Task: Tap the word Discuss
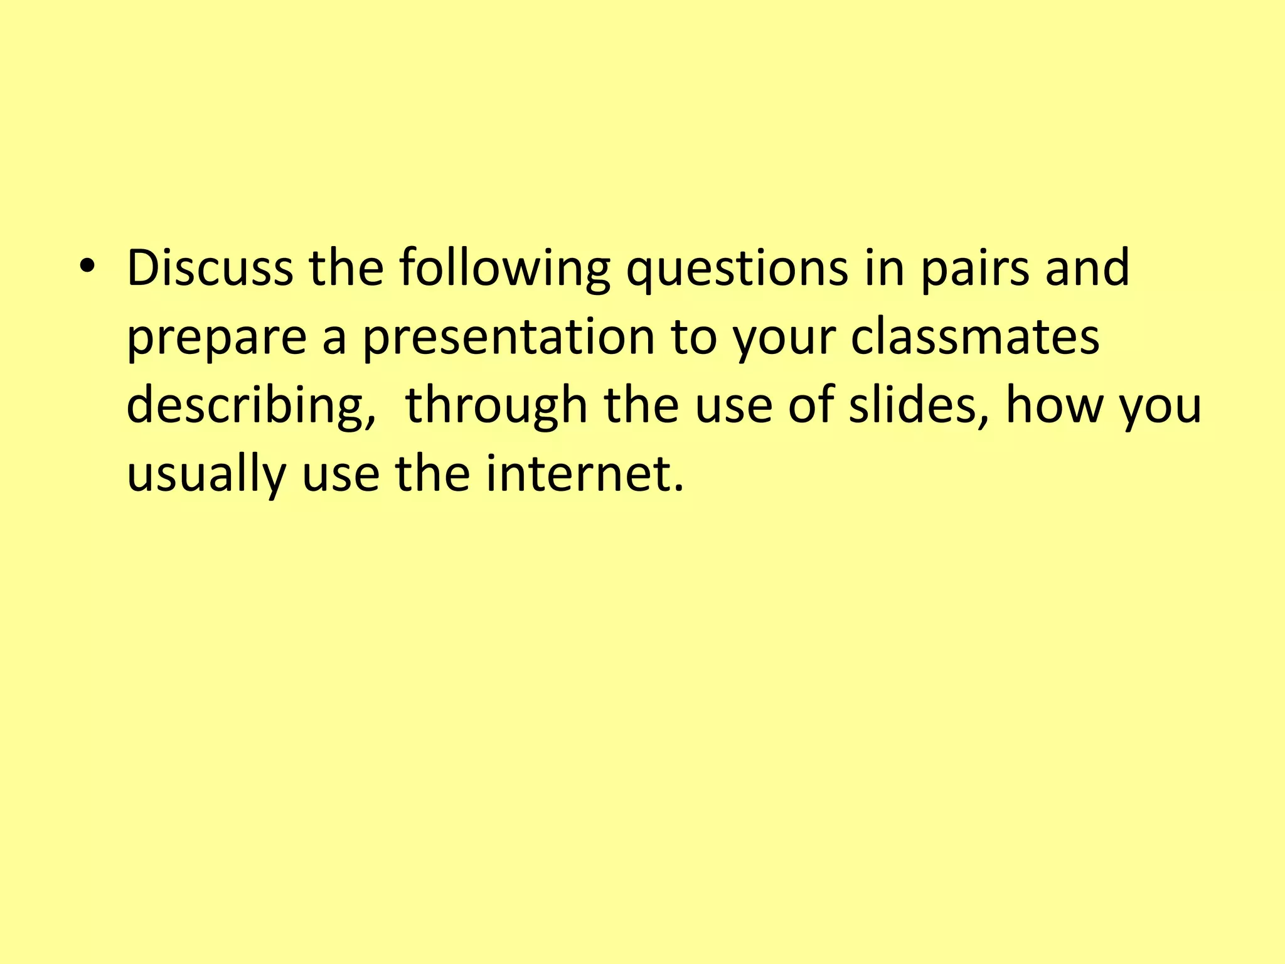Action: tap(210, 268)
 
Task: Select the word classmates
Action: tap(975, 336)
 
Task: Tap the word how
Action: tap(1054, 405)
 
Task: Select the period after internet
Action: tap(678, 488)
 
